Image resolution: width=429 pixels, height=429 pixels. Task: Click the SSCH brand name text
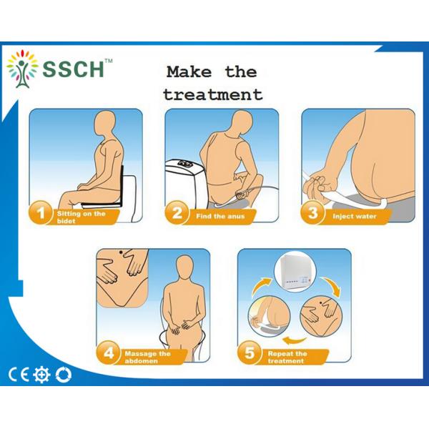74,69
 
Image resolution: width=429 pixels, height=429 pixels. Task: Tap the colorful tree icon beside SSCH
22,69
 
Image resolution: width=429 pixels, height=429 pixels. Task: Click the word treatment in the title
213,95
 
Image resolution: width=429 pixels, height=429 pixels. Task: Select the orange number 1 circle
40,212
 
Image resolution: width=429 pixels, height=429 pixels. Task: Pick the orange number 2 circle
177,212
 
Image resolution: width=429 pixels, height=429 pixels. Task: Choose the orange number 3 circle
312,212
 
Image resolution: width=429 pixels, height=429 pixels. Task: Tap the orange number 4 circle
109,352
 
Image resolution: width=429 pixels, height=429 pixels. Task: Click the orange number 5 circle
250,352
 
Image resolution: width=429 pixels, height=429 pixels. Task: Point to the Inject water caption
355,217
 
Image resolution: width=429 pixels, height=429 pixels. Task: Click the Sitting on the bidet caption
81,217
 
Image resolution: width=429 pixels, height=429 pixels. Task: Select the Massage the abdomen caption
147,357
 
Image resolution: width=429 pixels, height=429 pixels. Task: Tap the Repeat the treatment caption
287,357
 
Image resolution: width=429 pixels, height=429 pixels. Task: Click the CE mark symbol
19,375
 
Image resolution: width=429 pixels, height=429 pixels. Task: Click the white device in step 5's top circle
295,272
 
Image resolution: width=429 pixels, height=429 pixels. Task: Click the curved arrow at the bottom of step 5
294,340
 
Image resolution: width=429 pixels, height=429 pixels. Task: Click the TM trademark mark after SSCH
109,61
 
